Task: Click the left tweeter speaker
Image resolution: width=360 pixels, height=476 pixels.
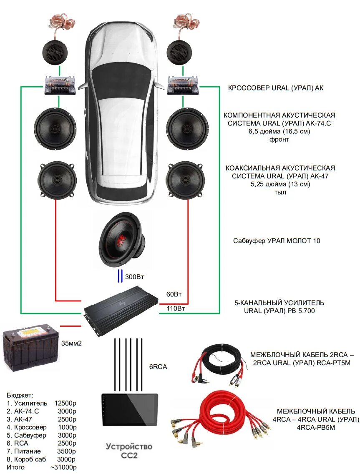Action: click(58, 52)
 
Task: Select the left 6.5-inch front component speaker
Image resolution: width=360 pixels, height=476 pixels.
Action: click(55, 129)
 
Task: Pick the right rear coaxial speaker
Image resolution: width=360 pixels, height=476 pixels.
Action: click(185, 180)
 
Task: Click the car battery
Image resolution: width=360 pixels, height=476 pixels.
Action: click(30, 348)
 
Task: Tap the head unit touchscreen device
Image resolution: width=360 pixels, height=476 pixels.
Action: click(130, 409)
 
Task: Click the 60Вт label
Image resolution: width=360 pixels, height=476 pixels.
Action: click(174, 294)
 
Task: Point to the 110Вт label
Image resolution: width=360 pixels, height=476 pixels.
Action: click(176, 309)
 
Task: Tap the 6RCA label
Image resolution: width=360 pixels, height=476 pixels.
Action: click(158, 367)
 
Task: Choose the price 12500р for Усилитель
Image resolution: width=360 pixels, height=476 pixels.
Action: click(65, 403)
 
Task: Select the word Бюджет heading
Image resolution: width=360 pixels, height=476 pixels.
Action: click(20, 395)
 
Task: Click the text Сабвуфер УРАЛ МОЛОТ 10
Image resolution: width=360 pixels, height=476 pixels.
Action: click(277, 241)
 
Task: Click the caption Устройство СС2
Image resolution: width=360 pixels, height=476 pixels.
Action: click(129, 451)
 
